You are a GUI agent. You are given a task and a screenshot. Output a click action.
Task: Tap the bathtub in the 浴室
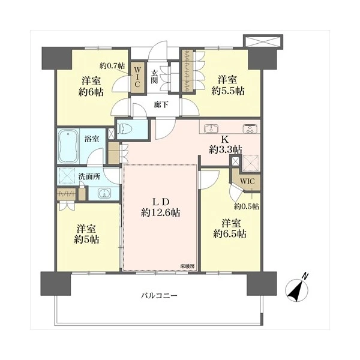tap(68, 146)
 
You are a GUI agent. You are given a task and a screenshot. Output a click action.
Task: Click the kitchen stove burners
tap(250, 128)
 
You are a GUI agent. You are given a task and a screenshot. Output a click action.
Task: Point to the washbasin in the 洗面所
tap(104, 193)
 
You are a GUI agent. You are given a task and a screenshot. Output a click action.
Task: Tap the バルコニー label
tap(159, 295)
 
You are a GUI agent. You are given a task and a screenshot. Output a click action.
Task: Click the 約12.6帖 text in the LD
tap(160, 213)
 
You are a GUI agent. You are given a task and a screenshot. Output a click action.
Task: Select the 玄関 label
tap(154, 77)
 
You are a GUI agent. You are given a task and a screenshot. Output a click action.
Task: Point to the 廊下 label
tap(161, 105)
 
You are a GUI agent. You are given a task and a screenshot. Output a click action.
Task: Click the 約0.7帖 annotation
tap(112, 66)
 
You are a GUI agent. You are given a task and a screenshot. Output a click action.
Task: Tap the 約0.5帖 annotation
tap(247, 206)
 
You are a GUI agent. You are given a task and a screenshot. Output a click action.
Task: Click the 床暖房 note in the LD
tap(187, 266)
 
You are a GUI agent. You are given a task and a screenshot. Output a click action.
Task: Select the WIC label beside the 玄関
tap(137, 77)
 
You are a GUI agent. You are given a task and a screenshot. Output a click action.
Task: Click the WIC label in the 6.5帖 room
tap(247, 181)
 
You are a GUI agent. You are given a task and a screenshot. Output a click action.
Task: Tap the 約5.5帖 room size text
tap(228, 91)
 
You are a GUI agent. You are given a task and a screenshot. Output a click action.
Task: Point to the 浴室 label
tap(92, 139)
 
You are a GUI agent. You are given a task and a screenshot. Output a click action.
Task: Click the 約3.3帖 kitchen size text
tap(226, 150)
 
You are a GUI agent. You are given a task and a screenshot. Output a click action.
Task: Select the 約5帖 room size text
tap(86, 240)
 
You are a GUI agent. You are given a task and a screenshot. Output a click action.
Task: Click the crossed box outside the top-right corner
tap(263, 41)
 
